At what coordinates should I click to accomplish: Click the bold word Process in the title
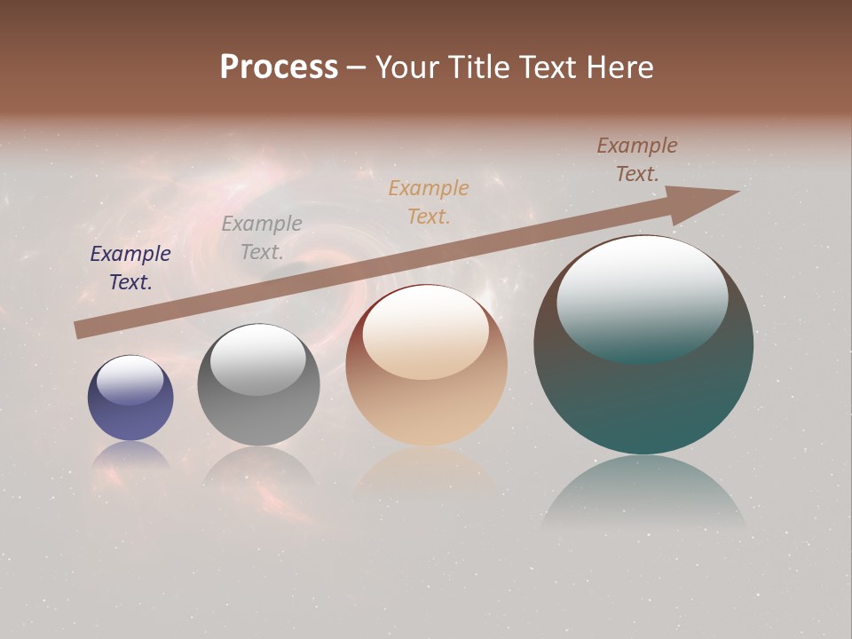(279, 67)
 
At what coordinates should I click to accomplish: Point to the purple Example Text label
(130, 268)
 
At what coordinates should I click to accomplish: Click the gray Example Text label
(262, 238)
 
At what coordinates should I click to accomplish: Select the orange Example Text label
(429, 202)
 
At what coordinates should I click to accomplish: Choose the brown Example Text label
(637, 160)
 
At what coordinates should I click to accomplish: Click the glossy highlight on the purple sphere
(130, 380)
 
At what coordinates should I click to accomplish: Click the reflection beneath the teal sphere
(643, 493)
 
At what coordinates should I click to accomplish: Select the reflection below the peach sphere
(426, 470)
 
